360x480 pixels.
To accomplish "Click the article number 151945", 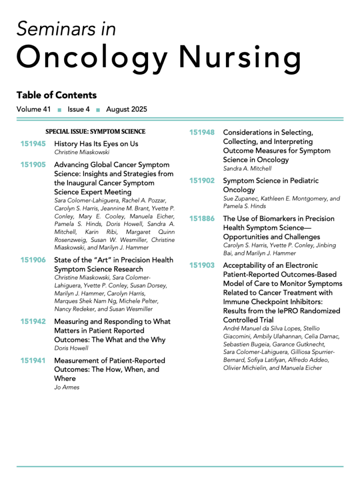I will (x=33, y=144).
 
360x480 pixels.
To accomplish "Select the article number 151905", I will (x=33, y=165).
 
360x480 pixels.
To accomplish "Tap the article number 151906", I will (x=33, y=260).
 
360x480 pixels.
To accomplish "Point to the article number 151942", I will (x=33, y=322).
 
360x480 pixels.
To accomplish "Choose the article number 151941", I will (x=33, y=361).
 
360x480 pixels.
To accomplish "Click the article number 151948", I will (x=202, y=133).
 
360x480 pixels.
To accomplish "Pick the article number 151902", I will (x=202, y=180).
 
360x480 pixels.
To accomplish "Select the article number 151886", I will (x=202, y=219).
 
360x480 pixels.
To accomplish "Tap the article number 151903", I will (x=202, y=266).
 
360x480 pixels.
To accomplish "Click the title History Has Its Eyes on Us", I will (x=96, y=144).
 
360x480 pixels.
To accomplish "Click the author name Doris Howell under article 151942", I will (x=70, y=348).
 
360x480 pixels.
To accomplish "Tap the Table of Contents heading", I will (x=56, y=95).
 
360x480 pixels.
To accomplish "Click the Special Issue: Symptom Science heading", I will (x=95, y=132).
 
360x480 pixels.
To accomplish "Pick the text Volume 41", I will (x=34, y=110).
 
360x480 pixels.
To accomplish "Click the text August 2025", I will (x=127, y=110).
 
